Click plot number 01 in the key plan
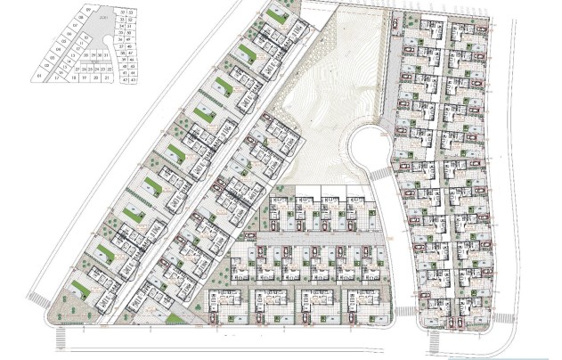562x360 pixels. pyautogui.click(x=39, y=76)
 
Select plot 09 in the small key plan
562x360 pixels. pyautogui.click(x=88, y=10)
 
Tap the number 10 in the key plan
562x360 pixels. pyautogui.click(x=86, y=37)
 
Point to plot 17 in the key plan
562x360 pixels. pyautogui.click(x=57, y=78)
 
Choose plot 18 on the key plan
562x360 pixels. pyautogui.click(x=73, y=78)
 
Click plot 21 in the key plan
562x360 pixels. pyautogui.click(x=107, y=78)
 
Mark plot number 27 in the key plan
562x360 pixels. pyautogui.click(x=77, y=70)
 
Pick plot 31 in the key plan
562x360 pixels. pyautogui.click(x=106, y=55)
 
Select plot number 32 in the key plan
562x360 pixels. pyautogui.click(x=123, y=12)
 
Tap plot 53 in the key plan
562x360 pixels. pyautogui.click(x=131, y=12)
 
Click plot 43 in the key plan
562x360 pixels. pyautogui.click(x=134, y=79)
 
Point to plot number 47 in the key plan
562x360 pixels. pyautogui.click(x=131, y=53)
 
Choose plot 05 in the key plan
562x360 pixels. pyautogui.click(x=64, y=42)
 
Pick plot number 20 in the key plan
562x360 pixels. pyautogui.click(x=95, y=78)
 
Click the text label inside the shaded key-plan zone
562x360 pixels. pyautogui.click(x=103, y=17)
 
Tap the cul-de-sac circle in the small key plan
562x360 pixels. pyautogui.click(x=107, y=40)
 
